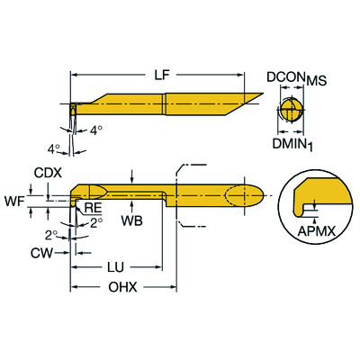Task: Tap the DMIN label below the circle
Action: tap(291, 140)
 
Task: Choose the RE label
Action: tap(92, 209)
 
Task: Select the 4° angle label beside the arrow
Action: tap(96, 130)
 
